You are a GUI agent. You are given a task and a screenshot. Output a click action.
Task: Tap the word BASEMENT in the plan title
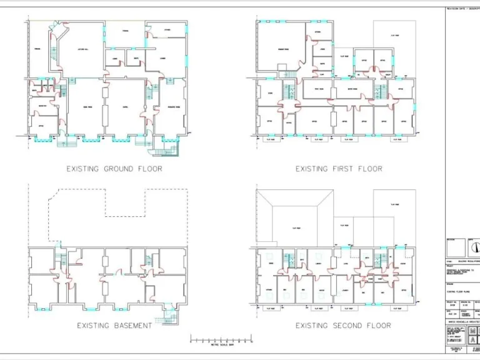(131, 325)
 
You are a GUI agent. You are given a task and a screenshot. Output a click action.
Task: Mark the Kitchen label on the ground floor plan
(167, 29)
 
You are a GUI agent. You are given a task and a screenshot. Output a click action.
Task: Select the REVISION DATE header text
(462, 9)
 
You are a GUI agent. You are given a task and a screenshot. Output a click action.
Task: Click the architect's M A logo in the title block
(472, 336)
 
